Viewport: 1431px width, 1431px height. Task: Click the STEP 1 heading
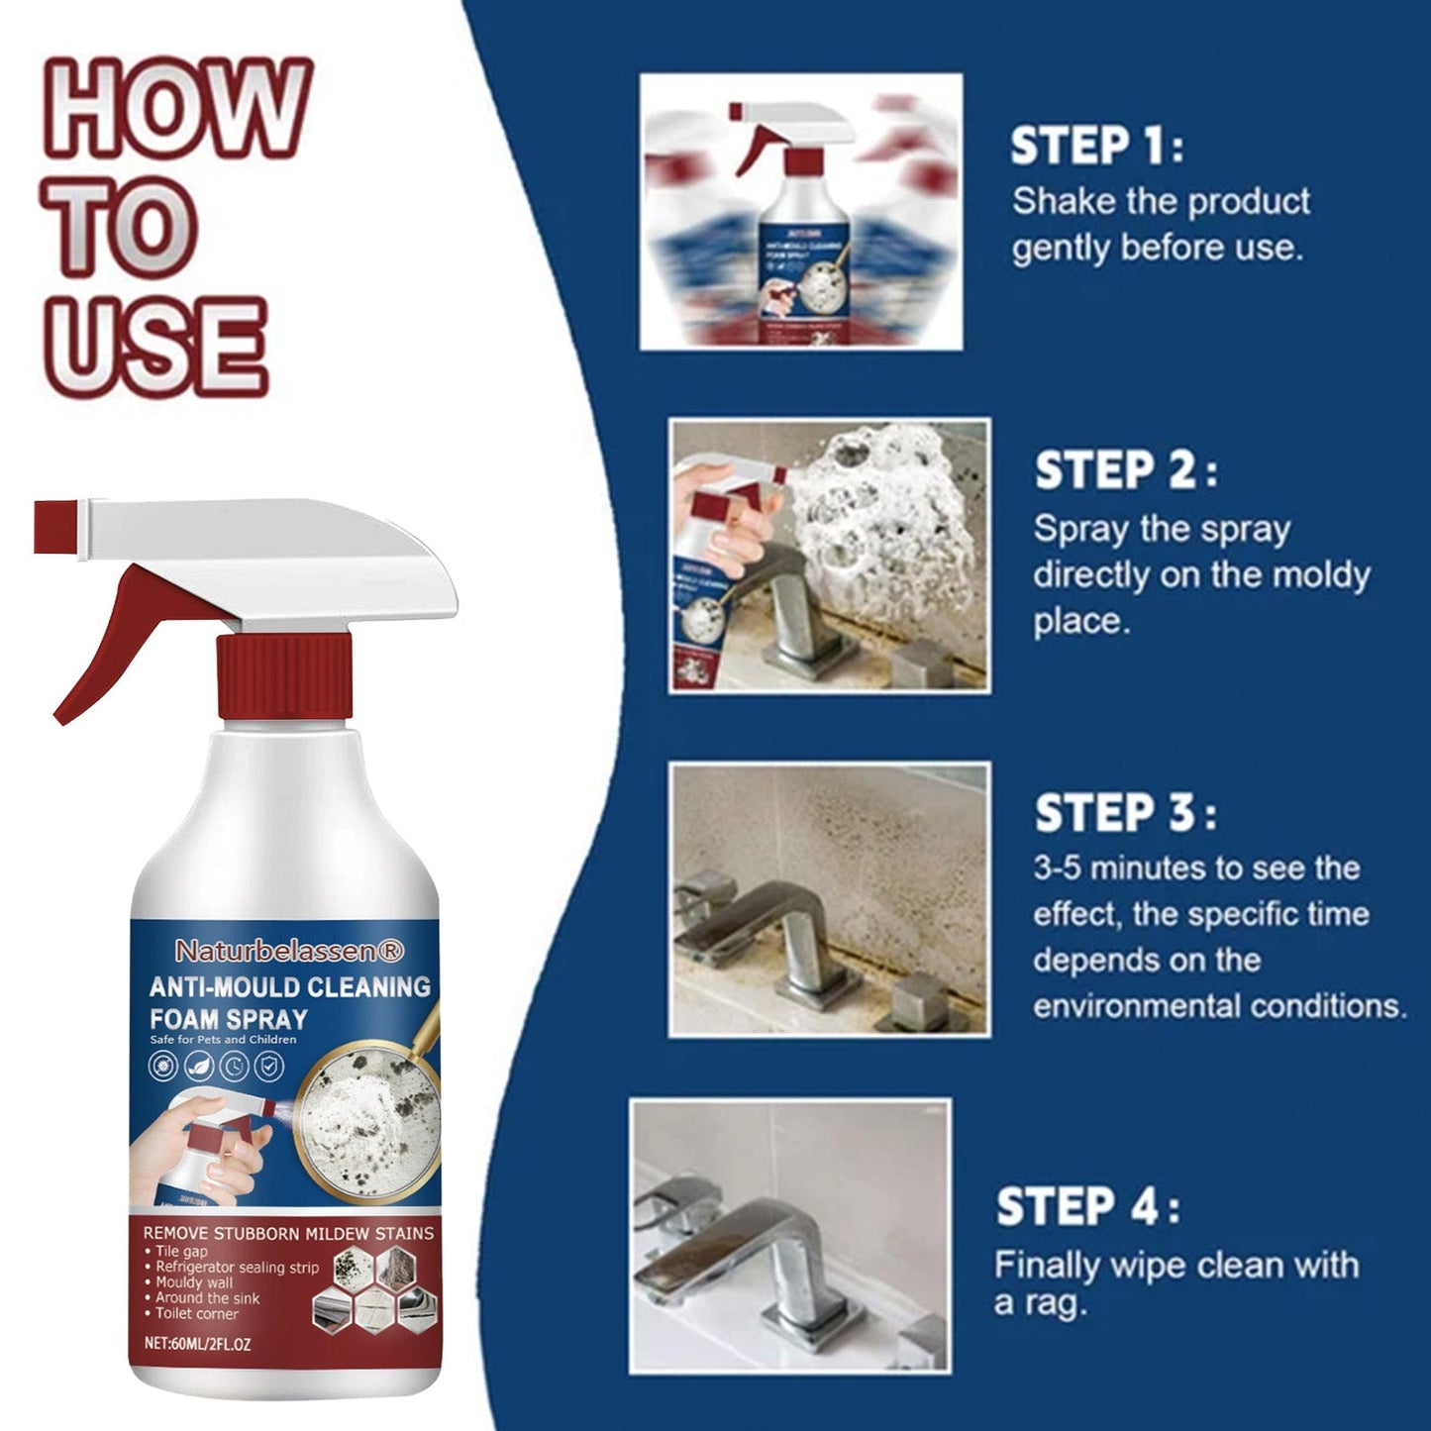click(x=1095, y=146)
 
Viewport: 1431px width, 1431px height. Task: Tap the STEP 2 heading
click(x=1125, y=470)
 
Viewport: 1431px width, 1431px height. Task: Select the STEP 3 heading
click(x=1125, y=813)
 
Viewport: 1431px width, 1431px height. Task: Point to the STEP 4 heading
click(x=1086, y=1207)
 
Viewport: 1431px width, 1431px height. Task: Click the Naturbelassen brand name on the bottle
click(x=289, y=951)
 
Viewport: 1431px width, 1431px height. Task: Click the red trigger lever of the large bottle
click(x=109, y=634)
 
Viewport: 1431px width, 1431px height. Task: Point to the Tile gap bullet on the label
click(x=182, y=1252)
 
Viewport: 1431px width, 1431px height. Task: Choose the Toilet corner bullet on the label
click(x=196, y=1314)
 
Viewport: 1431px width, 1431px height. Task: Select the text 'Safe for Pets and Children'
click(x=223, y=1040)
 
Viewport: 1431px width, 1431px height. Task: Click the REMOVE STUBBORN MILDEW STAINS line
click(x=288, y=1233)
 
